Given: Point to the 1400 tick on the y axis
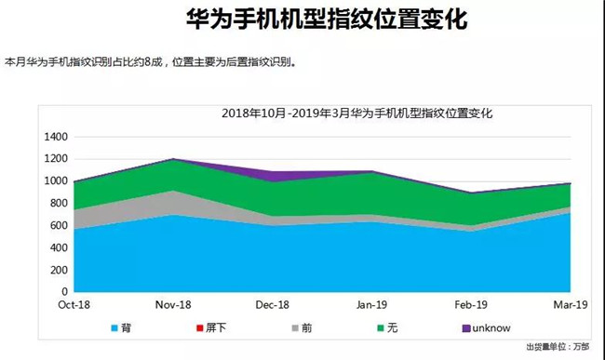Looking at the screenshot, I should tap(56, 137).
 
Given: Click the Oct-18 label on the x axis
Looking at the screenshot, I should tap(74, 304).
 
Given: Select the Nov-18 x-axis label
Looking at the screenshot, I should tap(172, 304).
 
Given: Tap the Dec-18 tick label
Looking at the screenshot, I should tap(272, 304).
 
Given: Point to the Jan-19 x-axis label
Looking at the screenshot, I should tap(371, 304).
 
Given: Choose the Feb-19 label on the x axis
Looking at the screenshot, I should tap(472, 304).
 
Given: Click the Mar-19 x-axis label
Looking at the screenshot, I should tap(570, 304).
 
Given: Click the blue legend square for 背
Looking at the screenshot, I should tap(114, 328).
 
